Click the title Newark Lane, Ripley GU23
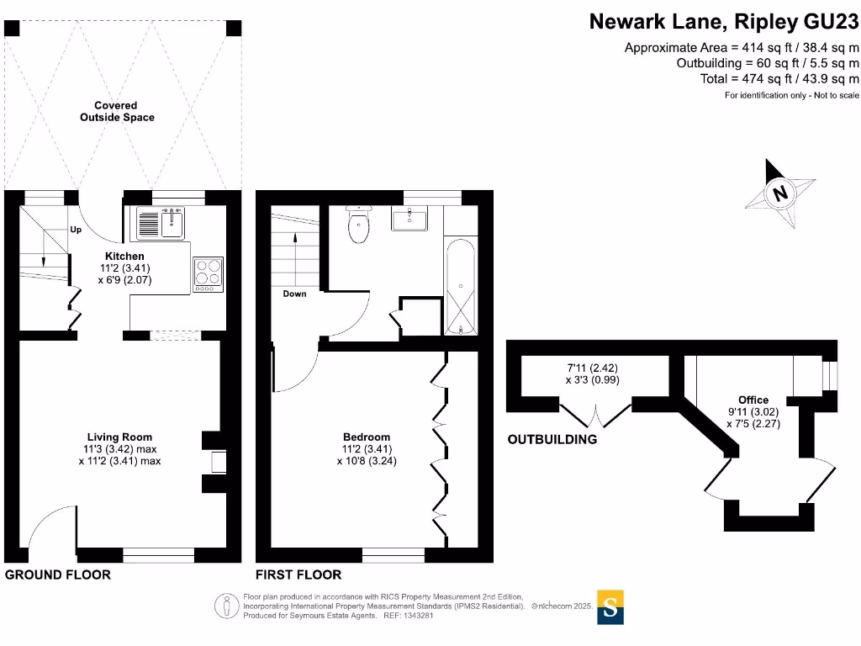point(724,21)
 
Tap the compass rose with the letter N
point(781,193)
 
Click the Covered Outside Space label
point(117,112)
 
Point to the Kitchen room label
point(124,256)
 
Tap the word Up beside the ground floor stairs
point(76,230)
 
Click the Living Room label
point(119,437)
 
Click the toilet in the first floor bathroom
point(359,225)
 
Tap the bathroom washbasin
point(409,219)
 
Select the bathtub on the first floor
point(461,286)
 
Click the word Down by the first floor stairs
point(294,294)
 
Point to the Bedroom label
point(367,437)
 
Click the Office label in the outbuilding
point(753,400)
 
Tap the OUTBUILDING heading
point(552,439)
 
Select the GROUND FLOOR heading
point(58,575)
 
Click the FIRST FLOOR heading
point(299,575)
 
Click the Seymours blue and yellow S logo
point(610,606)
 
